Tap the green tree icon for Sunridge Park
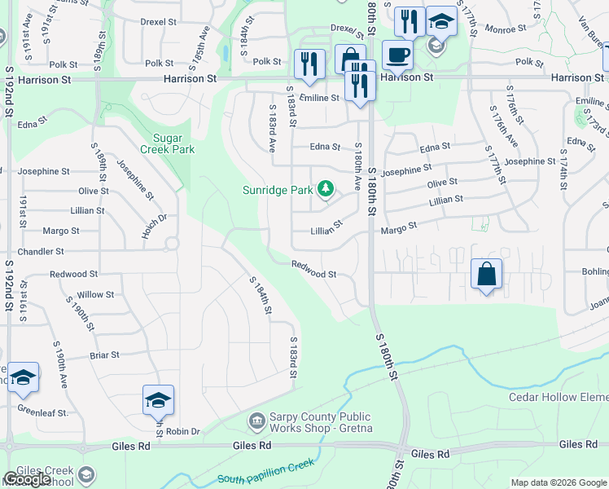click(326, 190)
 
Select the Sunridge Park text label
click(278, 191)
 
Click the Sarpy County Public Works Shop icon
click(257, 421)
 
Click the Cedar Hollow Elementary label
click(559, 398)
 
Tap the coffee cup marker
click(397, 55)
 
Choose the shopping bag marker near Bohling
click(486, 274)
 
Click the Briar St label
click(105, 355)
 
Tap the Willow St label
click(96, 294)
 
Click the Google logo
click(27, 479)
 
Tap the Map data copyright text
click(559, 482)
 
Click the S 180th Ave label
click(357, 166)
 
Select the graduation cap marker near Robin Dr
click(158, 400)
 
